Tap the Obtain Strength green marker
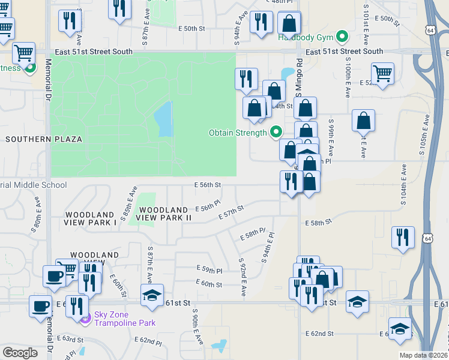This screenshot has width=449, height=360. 276,131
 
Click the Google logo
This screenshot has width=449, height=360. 20,353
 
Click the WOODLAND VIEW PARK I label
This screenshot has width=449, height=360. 90,218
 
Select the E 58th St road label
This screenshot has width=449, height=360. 318,223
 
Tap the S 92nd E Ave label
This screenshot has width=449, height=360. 243,277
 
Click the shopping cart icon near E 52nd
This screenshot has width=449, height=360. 382,74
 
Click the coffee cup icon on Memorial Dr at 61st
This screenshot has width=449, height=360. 41,306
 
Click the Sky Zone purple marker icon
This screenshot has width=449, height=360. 85,317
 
